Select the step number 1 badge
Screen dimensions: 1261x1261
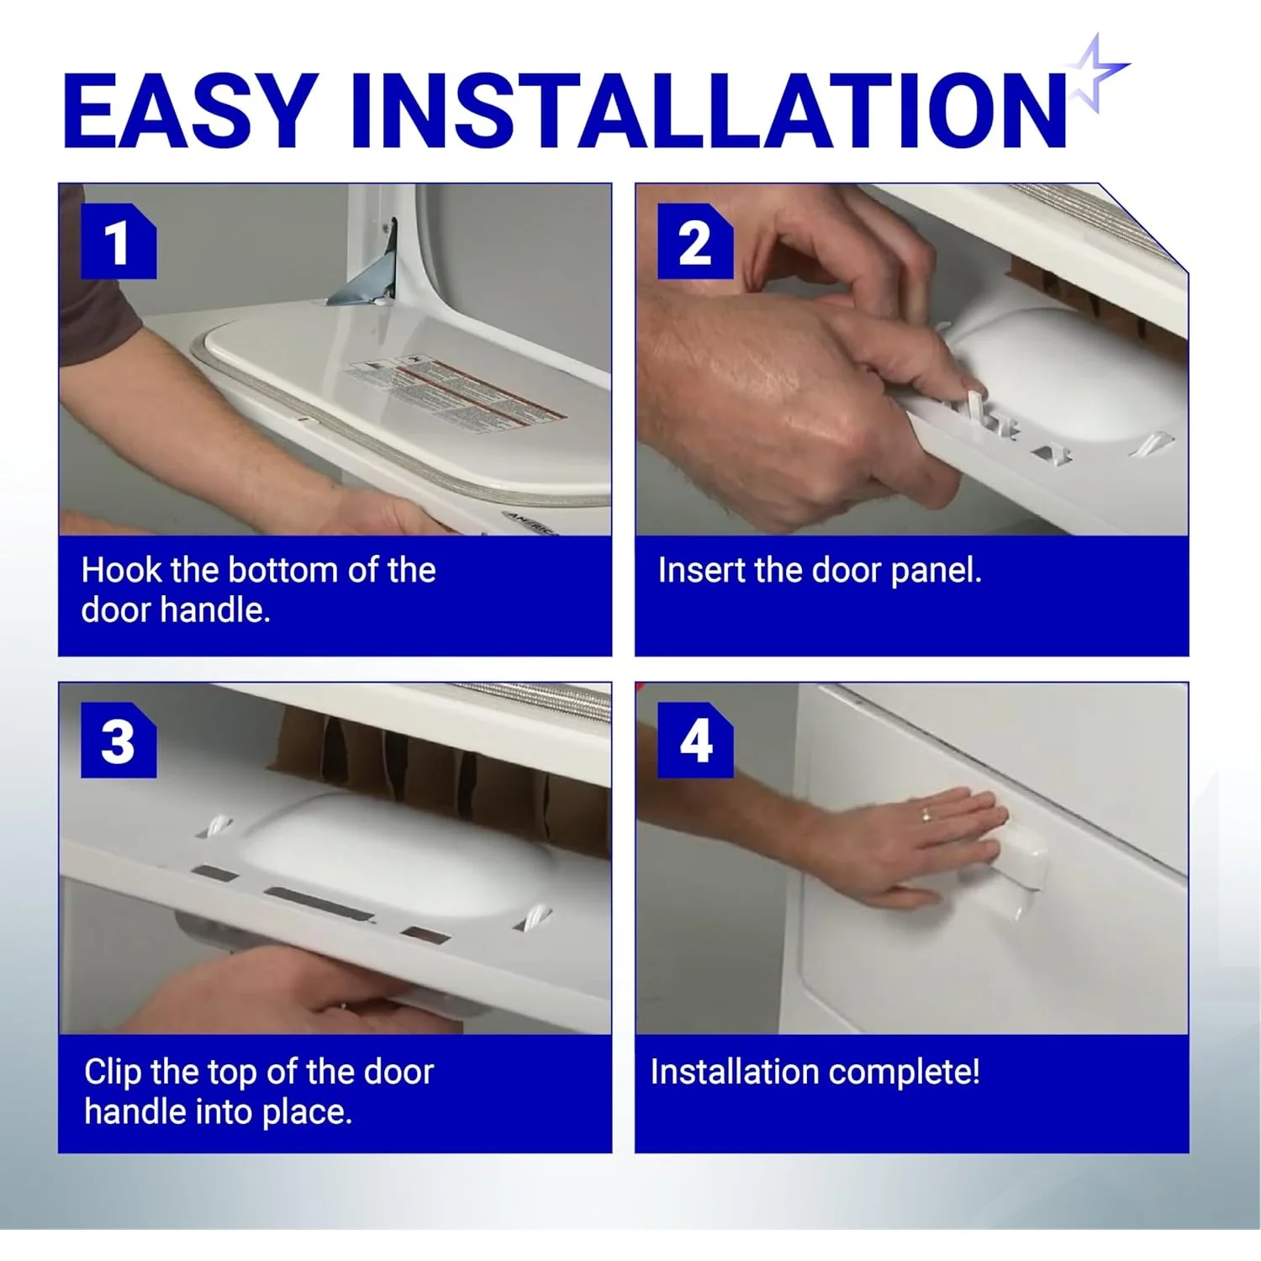click(118, 242)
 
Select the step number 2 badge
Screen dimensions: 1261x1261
click(694, 242)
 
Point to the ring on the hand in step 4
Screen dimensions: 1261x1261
click(926, 814)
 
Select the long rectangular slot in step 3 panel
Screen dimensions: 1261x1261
click(319, 904)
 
